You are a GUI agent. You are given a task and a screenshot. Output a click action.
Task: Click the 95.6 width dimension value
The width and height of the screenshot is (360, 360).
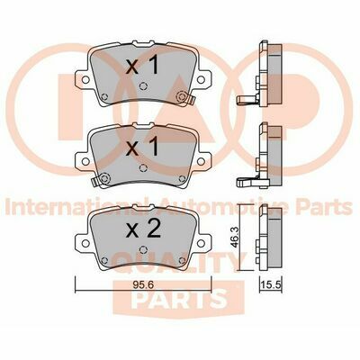[x=143, y=284]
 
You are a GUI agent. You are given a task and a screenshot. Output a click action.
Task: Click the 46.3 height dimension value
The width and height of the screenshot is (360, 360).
[x=235, y=238]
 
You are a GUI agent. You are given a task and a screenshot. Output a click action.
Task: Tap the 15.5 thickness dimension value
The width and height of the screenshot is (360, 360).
[x=271, y=284]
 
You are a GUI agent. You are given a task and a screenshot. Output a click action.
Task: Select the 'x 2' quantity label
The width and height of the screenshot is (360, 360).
[x=143, y=229]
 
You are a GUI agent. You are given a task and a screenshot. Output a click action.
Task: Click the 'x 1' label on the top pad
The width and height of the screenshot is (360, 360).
[x=142, y=66]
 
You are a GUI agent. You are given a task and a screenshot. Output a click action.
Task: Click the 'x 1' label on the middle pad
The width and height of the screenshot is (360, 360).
[x=142, y=148]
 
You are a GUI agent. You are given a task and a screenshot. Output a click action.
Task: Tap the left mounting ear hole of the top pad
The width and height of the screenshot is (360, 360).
[x=85, y=79]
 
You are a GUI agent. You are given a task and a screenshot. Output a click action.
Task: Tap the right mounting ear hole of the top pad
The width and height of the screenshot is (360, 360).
[x=201, y=79]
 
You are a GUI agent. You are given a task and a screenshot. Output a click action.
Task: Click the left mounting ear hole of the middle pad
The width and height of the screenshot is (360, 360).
[x=85, y=161]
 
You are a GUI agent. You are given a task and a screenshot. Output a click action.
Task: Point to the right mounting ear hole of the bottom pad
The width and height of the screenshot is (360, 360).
[x=201, y=243]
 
